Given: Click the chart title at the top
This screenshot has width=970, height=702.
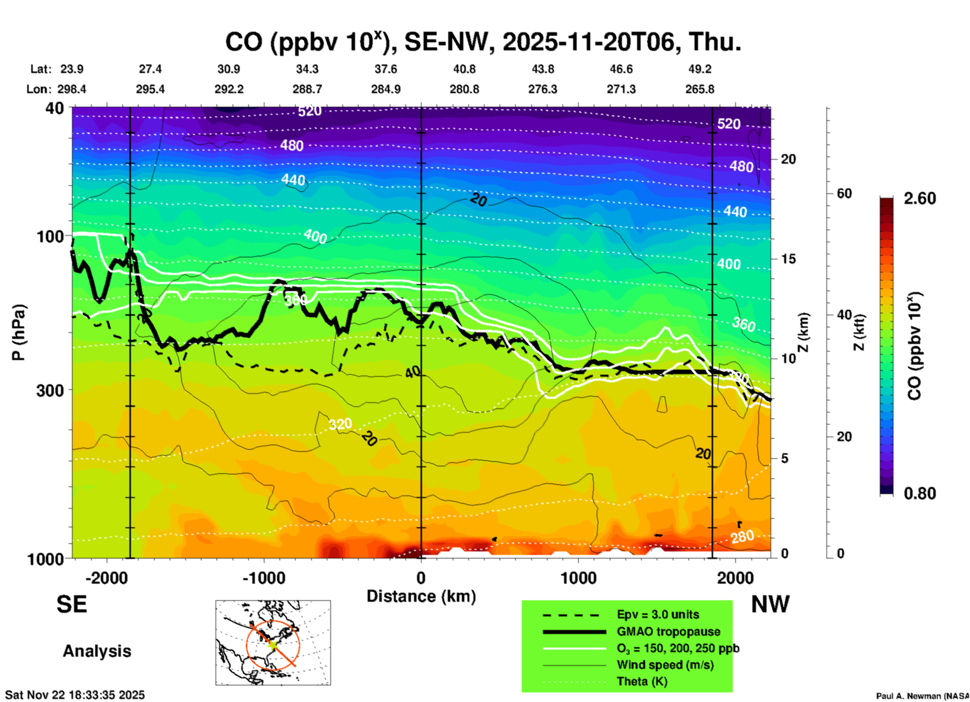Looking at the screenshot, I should pyautogui.click(x=482, y=42).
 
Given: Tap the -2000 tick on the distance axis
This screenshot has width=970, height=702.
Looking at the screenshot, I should pyautogui.click(x=106, y=578).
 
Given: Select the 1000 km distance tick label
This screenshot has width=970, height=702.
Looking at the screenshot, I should pyautogui.click(x=578, y=578).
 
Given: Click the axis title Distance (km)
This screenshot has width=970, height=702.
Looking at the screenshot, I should pyautogui.click(x=421, y=596).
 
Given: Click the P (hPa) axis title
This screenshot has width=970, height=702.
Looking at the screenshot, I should pyautogui.click(x=19, y=332).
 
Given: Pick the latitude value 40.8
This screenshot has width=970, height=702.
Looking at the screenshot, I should pyautogui.click(x=464, y=69).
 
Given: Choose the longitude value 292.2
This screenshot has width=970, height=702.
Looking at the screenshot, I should pyautogui.click(x=229, y=89).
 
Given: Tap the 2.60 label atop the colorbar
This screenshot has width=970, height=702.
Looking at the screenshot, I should pyautogui.click(x=920, y=198).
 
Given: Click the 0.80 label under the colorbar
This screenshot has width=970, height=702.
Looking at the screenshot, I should pyautogui.click(x=920, y=494).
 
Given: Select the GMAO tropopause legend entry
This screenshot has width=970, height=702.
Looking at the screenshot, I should pyautogui.click(x=668, y=631).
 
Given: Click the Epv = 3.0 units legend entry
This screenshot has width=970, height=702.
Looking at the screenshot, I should pyautogui.click(x=658, y=614).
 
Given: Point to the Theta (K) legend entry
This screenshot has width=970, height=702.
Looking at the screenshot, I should pyautogui.click(x=642, y=681).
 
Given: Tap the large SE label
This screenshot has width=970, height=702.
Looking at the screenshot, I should pyautogui.click(x=72, y=604).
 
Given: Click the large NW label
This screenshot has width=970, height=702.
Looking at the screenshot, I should pyautogui.click(x=770, y=604).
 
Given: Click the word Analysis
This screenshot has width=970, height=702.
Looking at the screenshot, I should pyautogui.click(x=97, y=651).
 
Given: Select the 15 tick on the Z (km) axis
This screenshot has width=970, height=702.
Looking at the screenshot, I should pyautogui.click(x=788, y=259).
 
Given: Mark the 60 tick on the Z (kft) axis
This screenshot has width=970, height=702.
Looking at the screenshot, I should pyautogui.click(x=844, y=193).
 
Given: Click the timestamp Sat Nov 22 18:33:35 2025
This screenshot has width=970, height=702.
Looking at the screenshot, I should pyautogui.click(x=75, y=695).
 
